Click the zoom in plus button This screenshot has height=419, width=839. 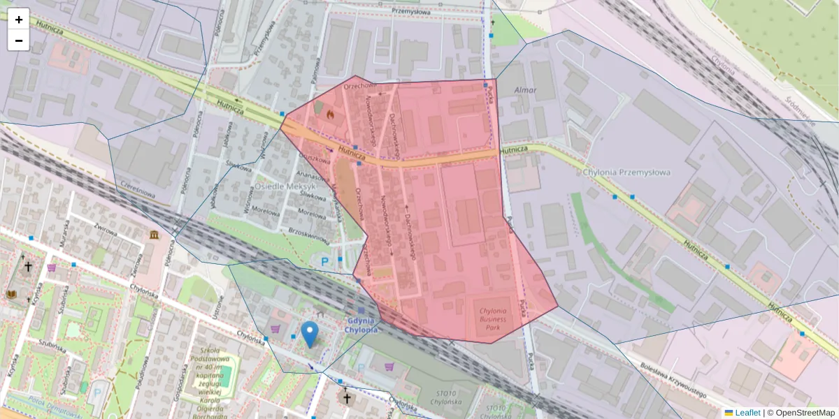click(18, 19)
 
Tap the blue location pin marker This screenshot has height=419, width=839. click(309, 334)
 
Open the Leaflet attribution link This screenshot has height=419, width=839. click(747, 413)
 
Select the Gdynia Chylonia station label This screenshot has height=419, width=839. click(361, 325)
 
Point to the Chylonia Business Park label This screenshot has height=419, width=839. click(498, 315)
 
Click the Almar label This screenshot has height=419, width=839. click(525, 90)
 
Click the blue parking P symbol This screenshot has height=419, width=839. click(324, 262)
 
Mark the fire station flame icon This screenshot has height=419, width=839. click(330, 114)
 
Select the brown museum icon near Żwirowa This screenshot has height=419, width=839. click(152, 235)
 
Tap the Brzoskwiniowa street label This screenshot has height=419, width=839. click(308, 235)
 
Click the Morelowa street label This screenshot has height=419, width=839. click(266, 211)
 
